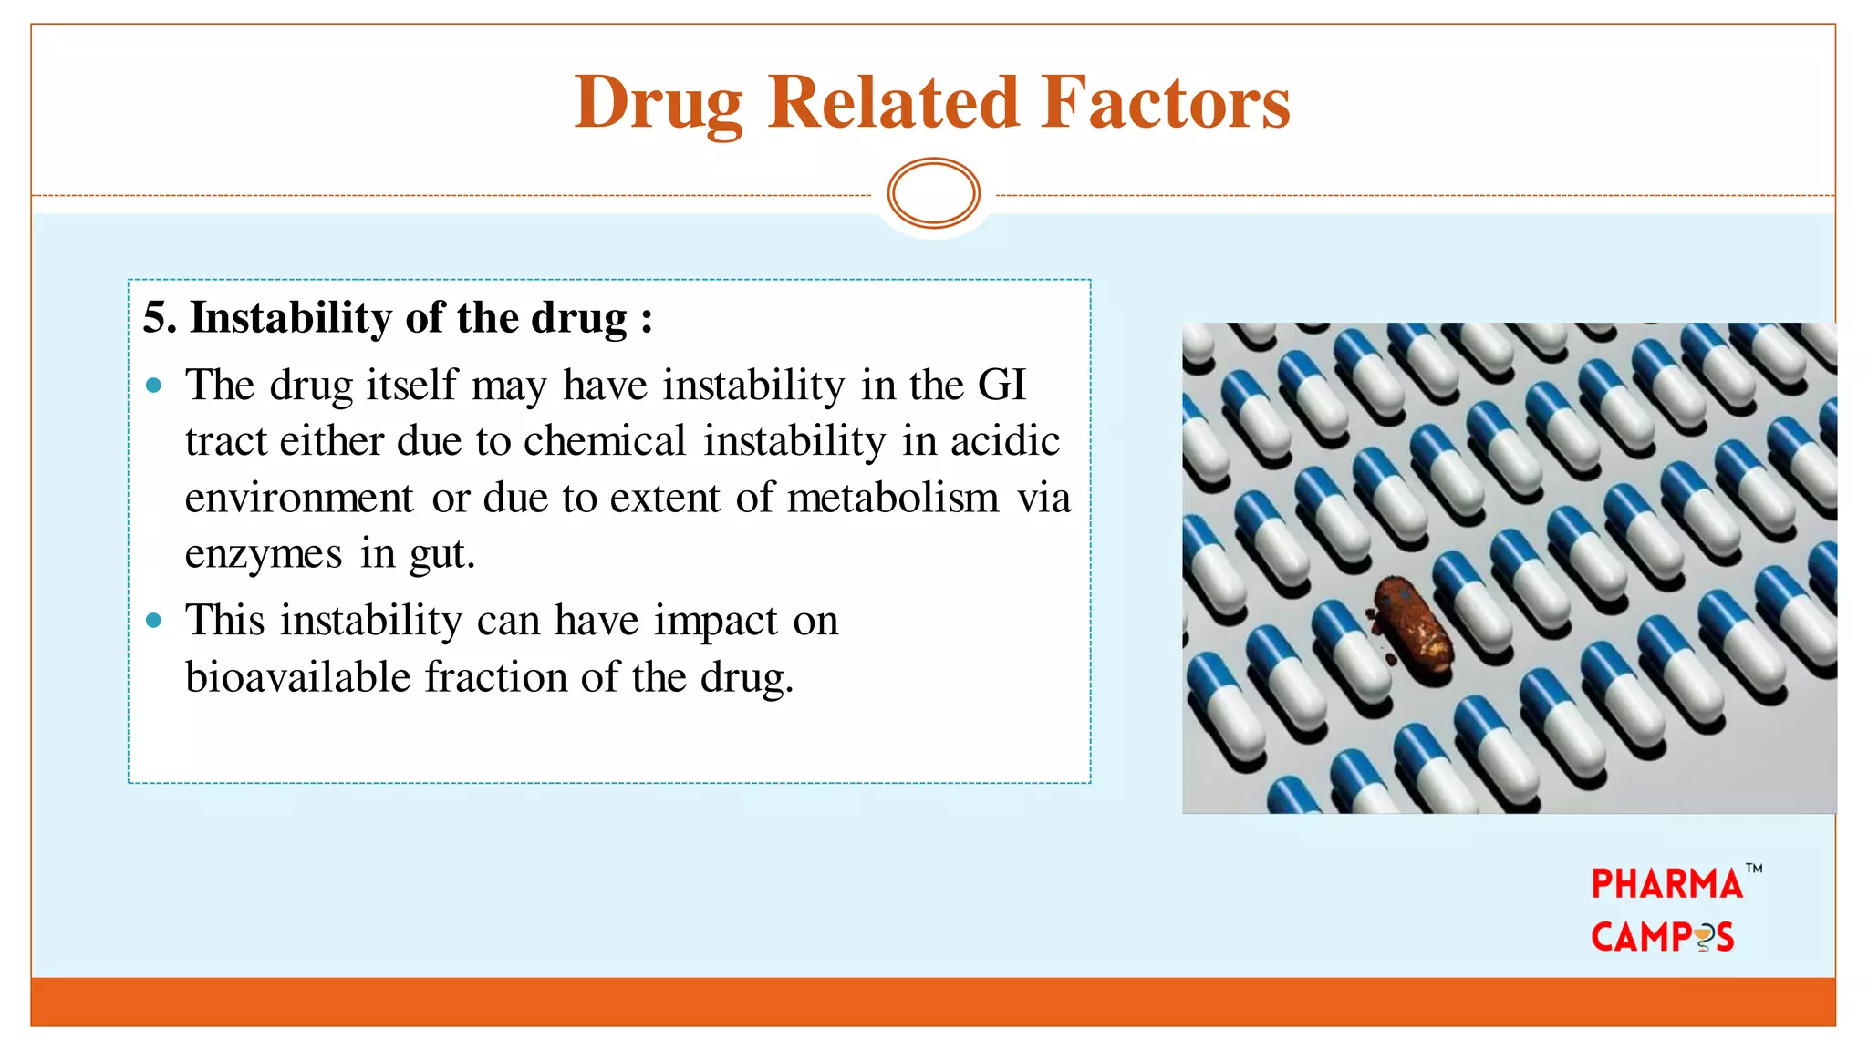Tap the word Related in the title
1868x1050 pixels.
[893, 101]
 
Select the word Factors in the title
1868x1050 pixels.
[1166, 101]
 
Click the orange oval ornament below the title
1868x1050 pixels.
[933, 193]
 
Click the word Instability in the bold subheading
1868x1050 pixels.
[290, 318]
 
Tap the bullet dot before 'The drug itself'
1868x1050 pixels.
[154, 386]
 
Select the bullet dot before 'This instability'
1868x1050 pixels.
[154, 622]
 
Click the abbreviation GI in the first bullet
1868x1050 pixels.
[1001, 385]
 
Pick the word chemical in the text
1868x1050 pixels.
[604, 441]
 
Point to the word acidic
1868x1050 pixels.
[1004, 441]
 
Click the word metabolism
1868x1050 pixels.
[893, 498]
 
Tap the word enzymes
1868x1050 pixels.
[264, 554]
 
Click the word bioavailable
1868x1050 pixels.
[298, 677]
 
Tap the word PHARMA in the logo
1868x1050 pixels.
[1666, 884]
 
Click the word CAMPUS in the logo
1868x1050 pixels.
[1662, 937]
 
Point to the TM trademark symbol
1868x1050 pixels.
[1754, 869]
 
